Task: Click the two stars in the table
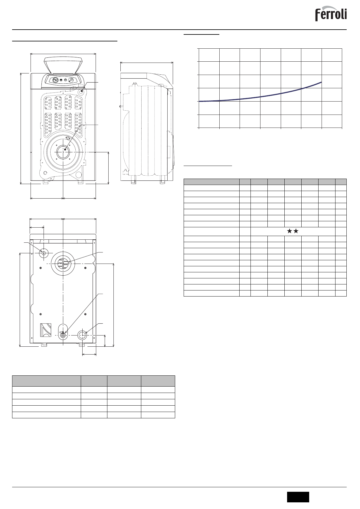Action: tap(293, 231)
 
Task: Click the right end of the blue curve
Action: tap(321, 82)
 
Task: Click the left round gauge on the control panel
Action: tap(55, 80)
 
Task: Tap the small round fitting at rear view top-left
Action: tap(44, 253)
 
